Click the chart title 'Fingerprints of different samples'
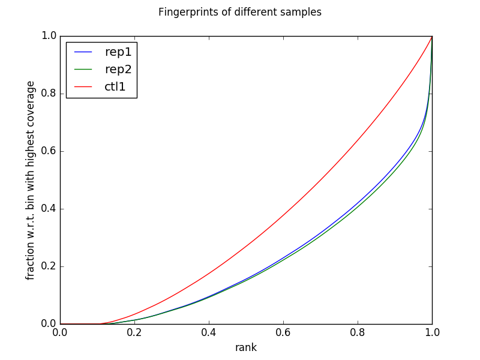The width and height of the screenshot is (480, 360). [239, 12]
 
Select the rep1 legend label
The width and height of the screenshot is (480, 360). [118, 52]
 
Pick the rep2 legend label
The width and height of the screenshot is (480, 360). [118, 69]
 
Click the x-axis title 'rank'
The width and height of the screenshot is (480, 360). [246, 347]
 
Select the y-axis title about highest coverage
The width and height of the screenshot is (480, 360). [31, 180]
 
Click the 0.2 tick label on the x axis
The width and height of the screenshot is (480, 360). [134, 332]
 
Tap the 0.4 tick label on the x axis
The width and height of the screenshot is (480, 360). [209, 332]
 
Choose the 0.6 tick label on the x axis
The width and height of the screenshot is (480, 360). [283, 332]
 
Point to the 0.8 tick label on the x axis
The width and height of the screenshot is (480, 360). [358, 332]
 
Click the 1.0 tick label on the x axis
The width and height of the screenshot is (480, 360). [432, 332]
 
